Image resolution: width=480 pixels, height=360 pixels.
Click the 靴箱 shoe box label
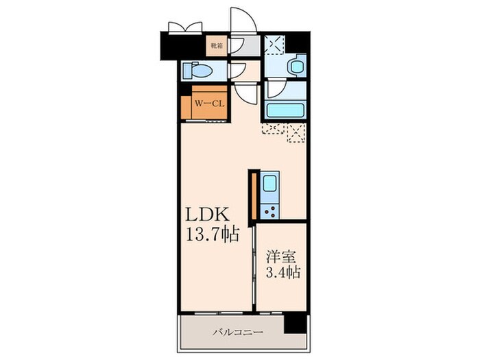point(217,46)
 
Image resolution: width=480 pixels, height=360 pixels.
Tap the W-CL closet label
point(210,104)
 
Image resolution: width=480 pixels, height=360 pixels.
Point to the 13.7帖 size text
point(213,235)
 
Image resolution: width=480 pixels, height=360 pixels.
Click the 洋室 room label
point(281,256)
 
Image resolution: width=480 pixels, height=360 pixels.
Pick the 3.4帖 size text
point(283,272)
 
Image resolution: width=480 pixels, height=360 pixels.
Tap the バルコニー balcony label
point(238,332)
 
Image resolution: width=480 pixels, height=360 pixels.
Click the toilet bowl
point(197,71)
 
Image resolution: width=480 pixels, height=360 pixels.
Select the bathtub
point(285,110)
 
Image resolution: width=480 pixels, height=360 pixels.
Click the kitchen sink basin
point(269,183)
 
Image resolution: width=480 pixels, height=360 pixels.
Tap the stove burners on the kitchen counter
point(269,211)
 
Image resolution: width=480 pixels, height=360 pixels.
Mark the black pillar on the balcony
point(295,323)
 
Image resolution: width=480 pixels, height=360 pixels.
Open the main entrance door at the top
point(243,20)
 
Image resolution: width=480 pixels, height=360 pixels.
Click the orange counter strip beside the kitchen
point(254,196)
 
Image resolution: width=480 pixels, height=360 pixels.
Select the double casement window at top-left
point(186,27)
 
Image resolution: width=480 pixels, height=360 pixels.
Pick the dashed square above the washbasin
point(274,45)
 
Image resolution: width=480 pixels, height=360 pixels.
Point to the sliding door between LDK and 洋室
point(254,266)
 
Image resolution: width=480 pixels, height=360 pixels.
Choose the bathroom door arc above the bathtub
point(277,88)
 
